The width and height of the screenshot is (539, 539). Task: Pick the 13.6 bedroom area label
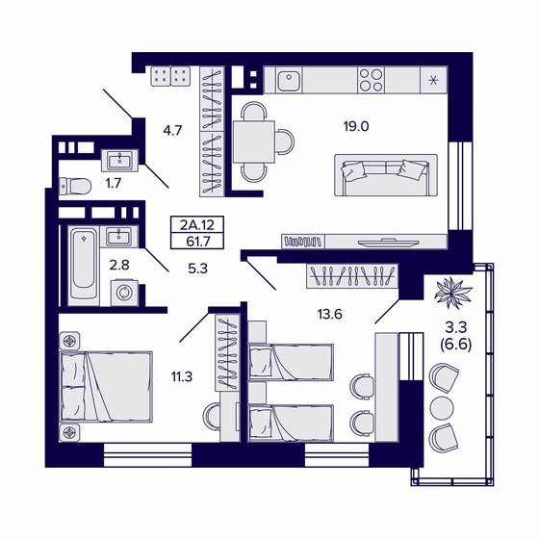click(x=331, y=312)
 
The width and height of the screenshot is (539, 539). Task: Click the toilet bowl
click(x=75, y=185)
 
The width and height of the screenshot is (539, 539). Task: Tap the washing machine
click(x=121, y=291)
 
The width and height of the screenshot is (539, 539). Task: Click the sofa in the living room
click(x=380, y=175)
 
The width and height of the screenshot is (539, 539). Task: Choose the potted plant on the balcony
click(x=449, y=290)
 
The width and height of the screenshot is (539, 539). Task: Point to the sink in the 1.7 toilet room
click(x=120, y=158)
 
